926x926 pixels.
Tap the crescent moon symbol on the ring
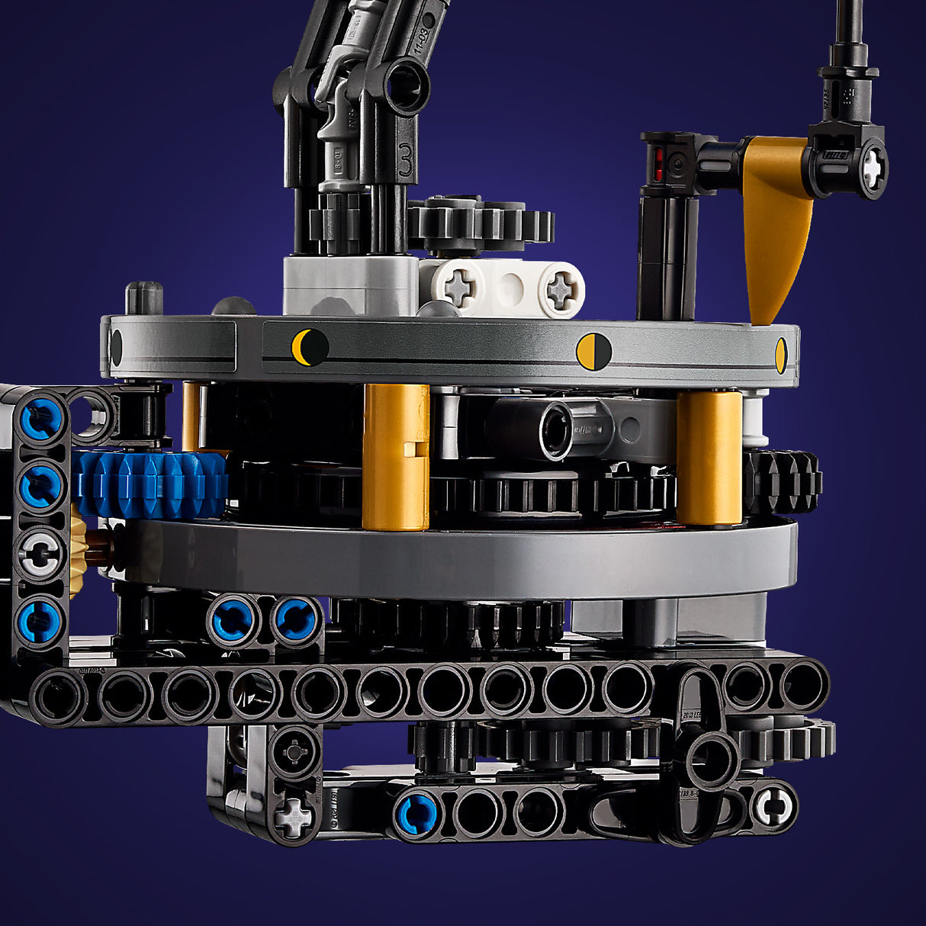coord(310,347)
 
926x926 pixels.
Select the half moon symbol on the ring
coord(593,352)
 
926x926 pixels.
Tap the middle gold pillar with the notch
coord(395,456)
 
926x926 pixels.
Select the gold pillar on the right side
coord(709,458)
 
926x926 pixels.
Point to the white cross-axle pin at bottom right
coord(773,805)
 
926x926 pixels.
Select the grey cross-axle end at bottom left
coord(294,818)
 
